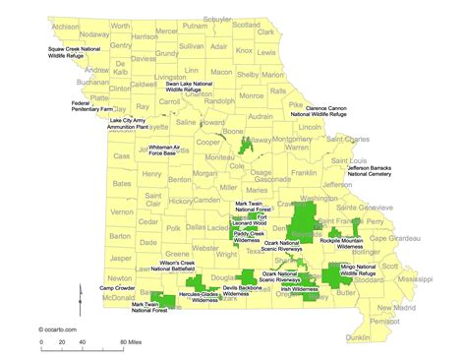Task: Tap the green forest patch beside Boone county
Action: pos(245,147)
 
